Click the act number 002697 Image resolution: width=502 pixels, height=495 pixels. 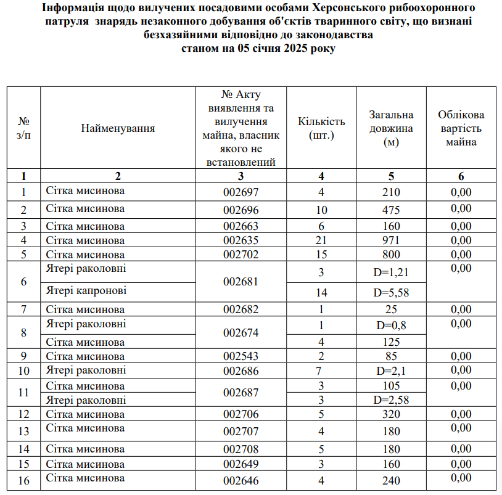(x=241, y=192)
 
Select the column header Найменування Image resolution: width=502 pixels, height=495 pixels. (x=118, y=128)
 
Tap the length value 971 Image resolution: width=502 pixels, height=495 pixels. (x=391, y=240)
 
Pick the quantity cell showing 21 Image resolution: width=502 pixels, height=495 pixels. (x=321, y=240)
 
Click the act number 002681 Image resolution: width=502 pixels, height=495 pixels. (x=241, y=282)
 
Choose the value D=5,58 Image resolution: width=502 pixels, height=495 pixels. (x=391, y=293)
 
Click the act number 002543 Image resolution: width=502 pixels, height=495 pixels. (x=241, y=356)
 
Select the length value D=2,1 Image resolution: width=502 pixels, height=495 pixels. (x=391, y=370)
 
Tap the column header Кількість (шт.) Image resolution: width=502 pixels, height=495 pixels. (x=321, y=128)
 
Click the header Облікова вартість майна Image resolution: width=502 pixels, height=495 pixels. (x=461, y=128)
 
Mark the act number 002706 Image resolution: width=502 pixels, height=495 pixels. (x=241, y=414)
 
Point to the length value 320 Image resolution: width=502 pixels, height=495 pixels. (x=391, y=414)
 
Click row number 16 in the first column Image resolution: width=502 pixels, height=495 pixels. (x=24, y=481)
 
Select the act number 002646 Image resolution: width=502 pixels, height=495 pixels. (x=241, y=481)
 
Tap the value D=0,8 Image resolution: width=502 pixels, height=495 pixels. (x=391, y=325)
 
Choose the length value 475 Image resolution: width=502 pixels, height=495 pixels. (x=391, y=210)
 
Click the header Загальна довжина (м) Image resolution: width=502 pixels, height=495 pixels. (x=391, y=128)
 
